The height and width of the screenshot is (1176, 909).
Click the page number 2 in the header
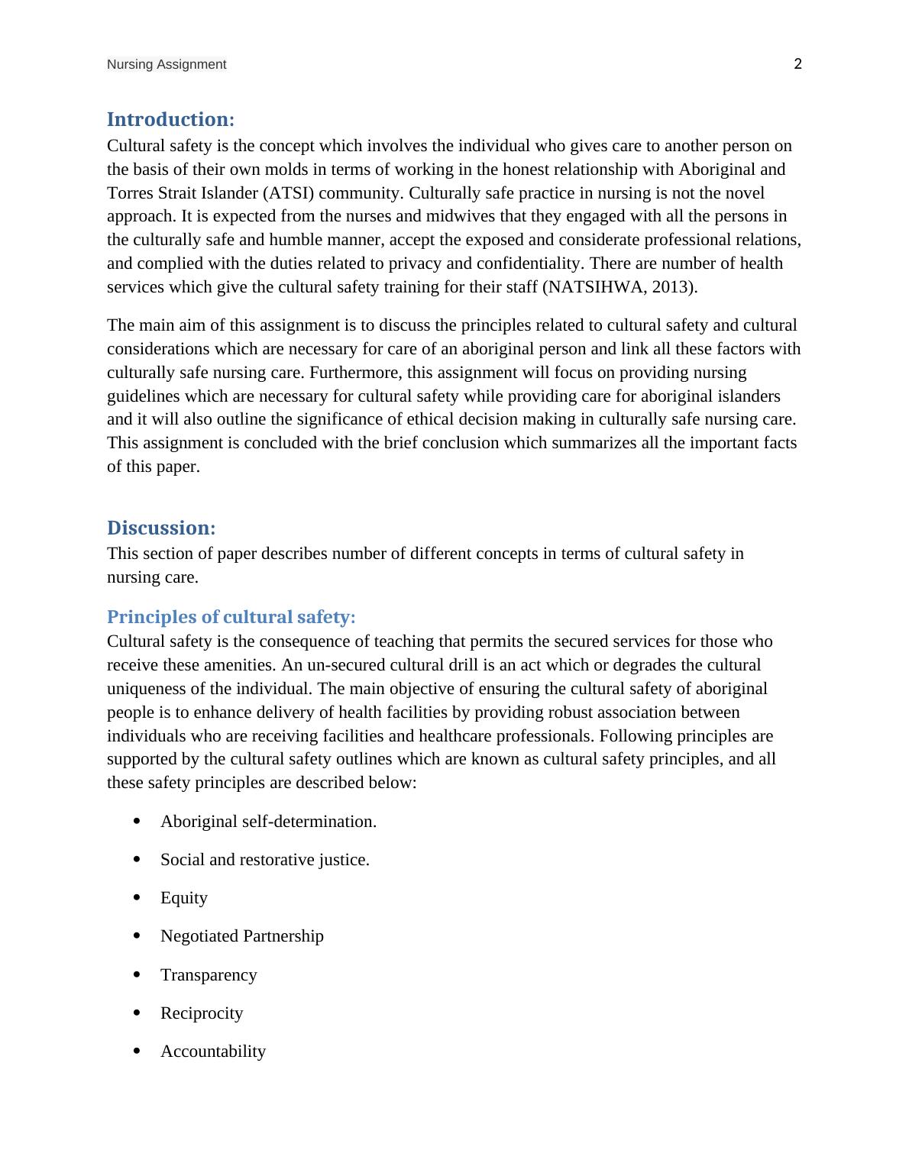(x=797, y=64)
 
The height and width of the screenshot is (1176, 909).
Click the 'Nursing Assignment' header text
(x=167, y=65)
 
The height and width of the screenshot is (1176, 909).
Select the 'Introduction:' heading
(x=170, y=120)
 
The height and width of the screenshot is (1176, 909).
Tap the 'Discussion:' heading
(x=161, y=528)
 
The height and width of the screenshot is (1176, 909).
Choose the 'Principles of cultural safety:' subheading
(x=231, y=617)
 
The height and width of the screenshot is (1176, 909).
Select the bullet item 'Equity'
(x=184, y=898)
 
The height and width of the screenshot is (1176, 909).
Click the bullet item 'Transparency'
(x=209, y=975)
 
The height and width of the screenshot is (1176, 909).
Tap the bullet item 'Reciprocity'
(x=202, y=1013)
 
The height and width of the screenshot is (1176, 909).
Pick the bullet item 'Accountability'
(x=213, y=1052)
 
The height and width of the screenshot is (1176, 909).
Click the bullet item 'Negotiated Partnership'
(x=242, y=936)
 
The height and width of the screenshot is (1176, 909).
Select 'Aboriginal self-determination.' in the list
(x=268, y=822)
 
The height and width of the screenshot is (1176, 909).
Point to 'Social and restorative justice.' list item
(x=265, y=860)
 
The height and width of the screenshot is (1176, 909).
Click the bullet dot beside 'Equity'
(x=137, y=897)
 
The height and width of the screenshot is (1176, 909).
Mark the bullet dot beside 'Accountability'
(x=137, y=1051)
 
